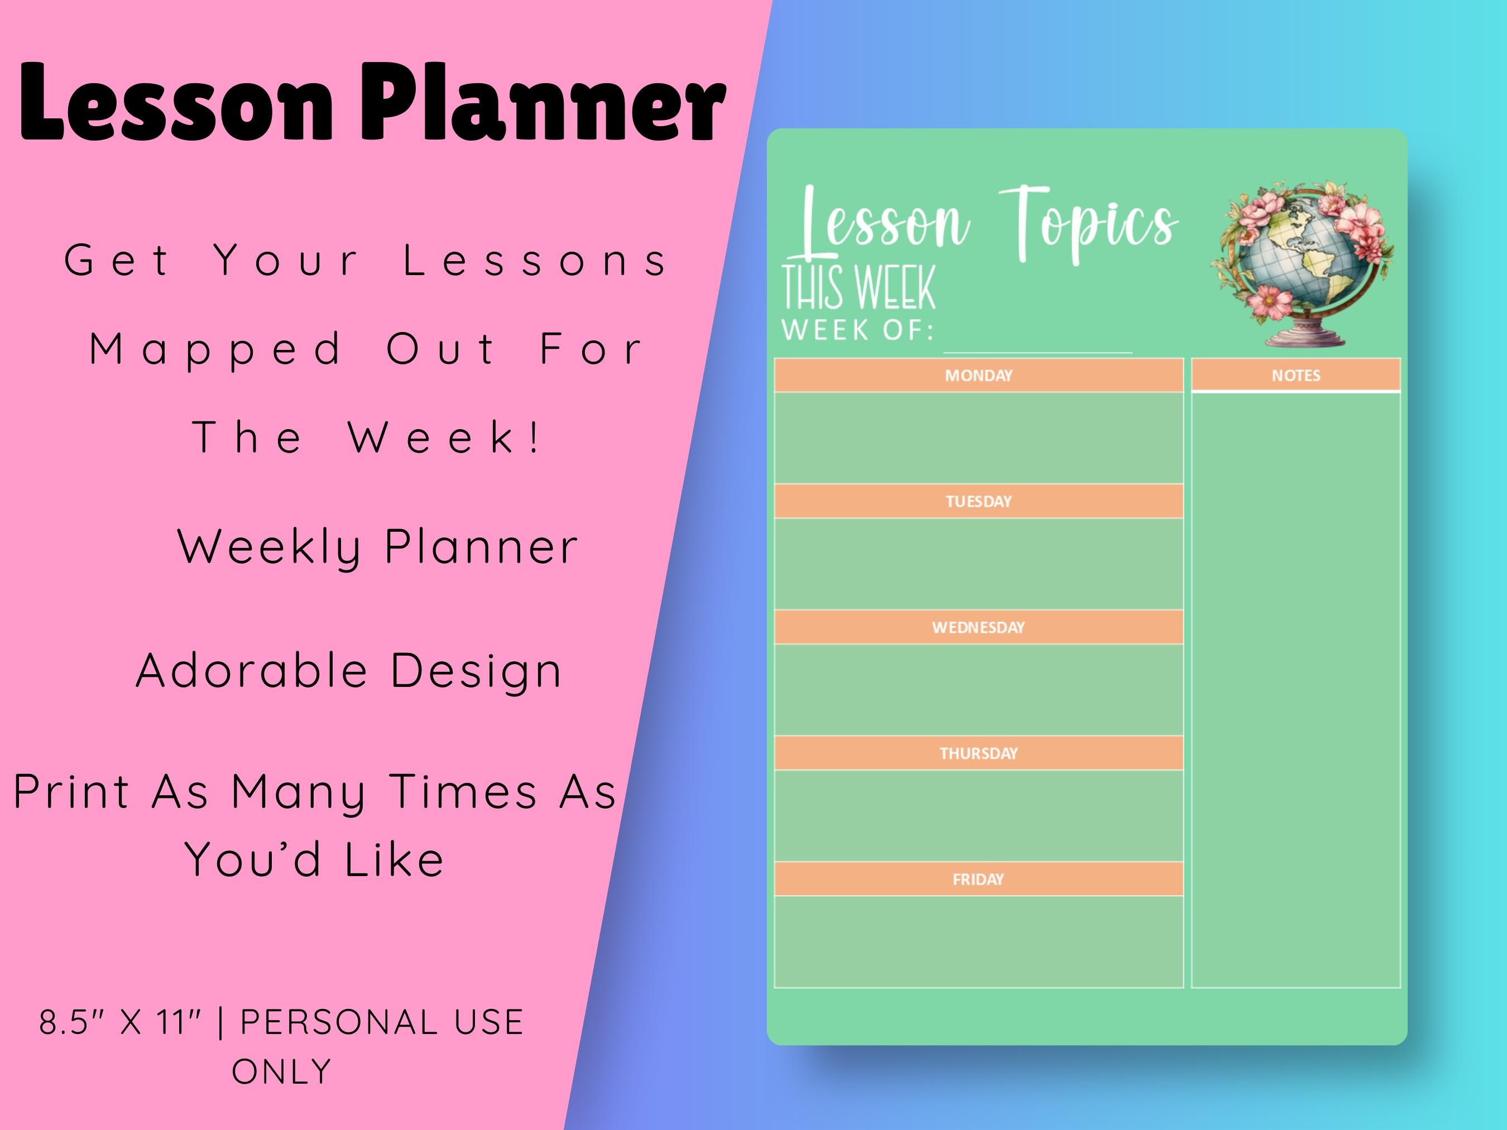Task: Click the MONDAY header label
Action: point(978,376)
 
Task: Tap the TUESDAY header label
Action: point(978,501)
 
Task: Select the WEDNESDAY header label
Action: point(978,627)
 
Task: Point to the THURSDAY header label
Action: point(978,753)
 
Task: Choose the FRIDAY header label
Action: point(978,879)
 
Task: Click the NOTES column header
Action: point(1296,376)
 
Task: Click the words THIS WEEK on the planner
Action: point(858,288)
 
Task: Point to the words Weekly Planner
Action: point(378,547)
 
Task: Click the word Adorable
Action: point(252,671)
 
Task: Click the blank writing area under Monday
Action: point(978,437)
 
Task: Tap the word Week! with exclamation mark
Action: point(447,437)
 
